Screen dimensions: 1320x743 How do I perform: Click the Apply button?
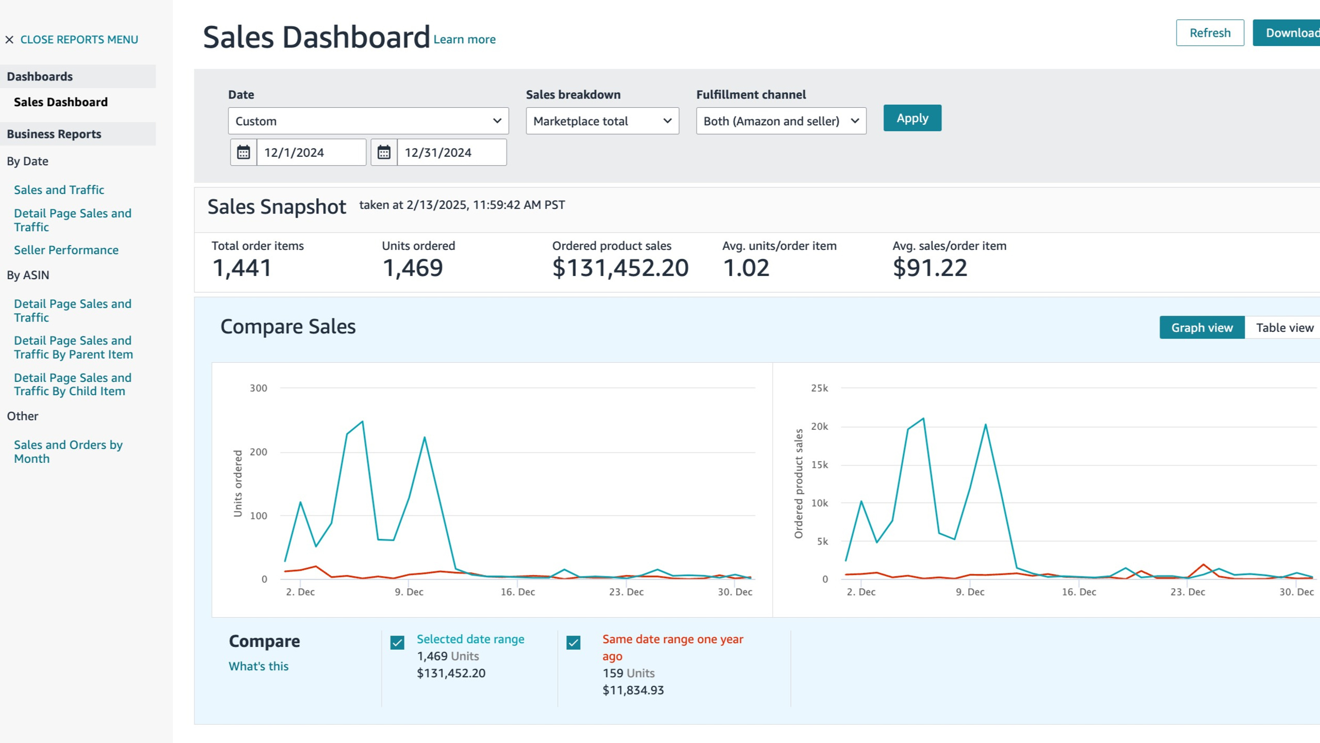[912, 118]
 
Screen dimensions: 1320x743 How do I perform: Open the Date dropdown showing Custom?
[368, 121]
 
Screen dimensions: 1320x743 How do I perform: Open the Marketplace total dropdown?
[602, 121]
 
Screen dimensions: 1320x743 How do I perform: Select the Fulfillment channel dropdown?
[781, 121]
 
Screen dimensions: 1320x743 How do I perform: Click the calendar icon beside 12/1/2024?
[243, 152]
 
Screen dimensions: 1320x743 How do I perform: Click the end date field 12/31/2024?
[452, 152]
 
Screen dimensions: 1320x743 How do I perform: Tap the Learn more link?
[464, 39]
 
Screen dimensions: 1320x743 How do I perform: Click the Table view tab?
[1284, 328]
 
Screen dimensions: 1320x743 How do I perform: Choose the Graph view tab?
[1202, 328]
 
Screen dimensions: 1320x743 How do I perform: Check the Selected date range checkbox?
[397, 642]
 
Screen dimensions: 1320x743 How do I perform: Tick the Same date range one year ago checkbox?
[573, 642]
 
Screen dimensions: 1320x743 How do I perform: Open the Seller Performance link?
[66, 250]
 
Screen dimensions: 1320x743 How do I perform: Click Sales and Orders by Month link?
[68, 451]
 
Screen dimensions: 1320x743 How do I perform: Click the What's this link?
[258, 666]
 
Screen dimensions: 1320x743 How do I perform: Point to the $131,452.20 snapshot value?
[620, 267]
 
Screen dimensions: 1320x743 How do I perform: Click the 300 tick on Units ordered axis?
[258, 388]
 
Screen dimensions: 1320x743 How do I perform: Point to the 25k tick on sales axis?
[819, 388]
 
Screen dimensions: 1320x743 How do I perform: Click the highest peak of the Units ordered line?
[363, 422]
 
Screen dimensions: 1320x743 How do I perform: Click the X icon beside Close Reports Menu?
[9, 40]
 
